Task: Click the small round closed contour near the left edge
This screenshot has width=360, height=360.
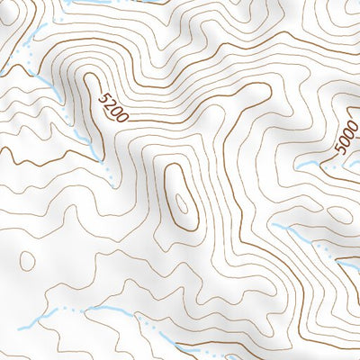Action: tap(27, 261)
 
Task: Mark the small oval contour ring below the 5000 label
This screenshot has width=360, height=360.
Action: tap(340, 214)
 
